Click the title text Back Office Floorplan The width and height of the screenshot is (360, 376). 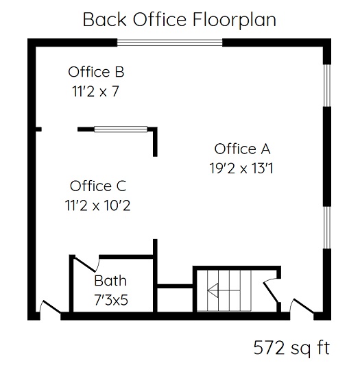[x=180, y=20]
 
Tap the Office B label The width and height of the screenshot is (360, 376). [x=96, y=72]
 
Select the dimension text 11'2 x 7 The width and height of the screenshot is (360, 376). [x=95, y=91]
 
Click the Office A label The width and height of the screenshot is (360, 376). [x=242, y=149]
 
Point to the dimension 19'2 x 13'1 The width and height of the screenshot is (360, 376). [x=241, y=168]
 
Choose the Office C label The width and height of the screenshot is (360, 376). [x=98, y=186]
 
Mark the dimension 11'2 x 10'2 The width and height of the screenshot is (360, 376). [x=98, y=205]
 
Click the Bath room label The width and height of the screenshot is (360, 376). [x=110, y=281]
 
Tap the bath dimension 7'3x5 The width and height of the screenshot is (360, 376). [x=111, y=300]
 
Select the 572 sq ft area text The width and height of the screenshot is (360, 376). [x=291, y=348]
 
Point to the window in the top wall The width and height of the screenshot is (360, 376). [x=170, y=42]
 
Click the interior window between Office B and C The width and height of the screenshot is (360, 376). [x=121, y=129]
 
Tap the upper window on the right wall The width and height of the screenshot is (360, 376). [x=327, y=85]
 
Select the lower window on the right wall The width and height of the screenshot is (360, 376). [x=327, y=227]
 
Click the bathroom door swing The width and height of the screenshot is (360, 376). [x=86, y=263]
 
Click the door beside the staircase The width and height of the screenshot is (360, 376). [x=272, y=290]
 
